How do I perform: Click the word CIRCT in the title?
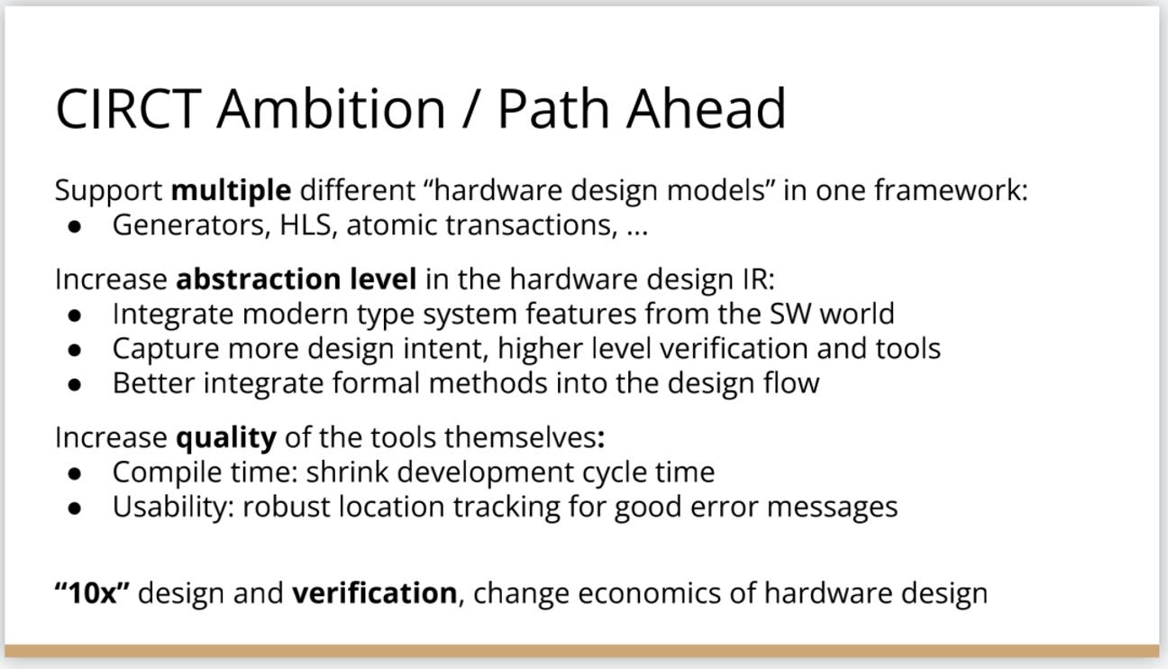point(128,108)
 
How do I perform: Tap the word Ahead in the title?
point(706,108)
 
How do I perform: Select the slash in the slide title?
point(470,109)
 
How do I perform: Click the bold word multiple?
point(231,190)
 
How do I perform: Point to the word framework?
point(951,189)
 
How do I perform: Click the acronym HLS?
point(306,225)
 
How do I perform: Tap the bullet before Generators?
point(75,226)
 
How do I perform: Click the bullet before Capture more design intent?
point(75,350)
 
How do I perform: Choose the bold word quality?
point(226,437)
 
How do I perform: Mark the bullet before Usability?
point(75,508)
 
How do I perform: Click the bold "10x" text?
point(92,592)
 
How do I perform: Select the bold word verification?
point(374,592)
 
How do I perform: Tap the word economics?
point(650,593)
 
